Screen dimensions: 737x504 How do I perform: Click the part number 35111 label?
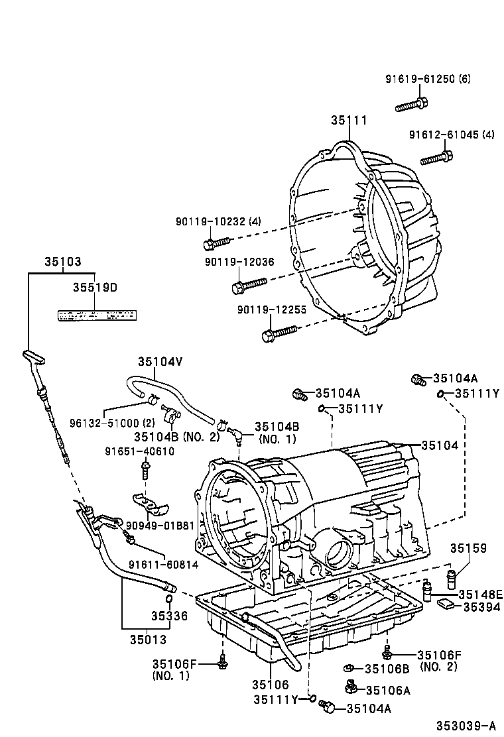(349, 120)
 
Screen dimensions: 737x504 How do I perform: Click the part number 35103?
(63, 262)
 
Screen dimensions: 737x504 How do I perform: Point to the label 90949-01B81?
(160, 526)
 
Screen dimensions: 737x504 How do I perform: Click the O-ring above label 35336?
(169, 601)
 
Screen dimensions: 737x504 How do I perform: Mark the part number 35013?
(148, 640)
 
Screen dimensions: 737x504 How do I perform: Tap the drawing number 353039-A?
(466, 725)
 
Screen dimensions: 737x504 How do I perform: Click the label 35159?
(468, 548)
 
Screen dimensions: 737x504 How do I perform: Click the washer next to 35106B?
(348, 668)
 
